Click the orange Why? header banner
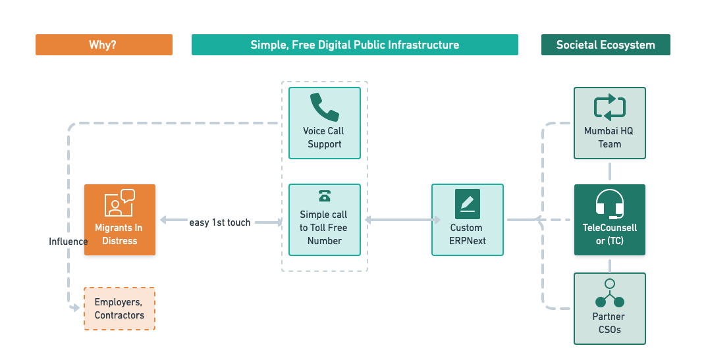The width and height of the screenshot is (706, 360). (104, 45)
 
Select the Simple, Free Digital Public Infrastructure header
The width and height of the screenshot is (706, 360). (354, 45)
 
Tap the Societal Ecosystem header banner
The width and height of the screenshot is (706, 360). (605, 45)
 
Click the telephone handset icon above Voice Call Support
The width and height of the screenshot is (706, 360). (325, 107)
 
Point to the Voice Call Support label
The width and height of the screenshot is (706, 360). (324, 138)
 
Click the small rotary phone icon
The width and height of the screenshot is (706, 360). (324, 196)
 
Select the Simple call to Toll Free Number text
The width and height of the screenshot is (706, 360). (324, 228)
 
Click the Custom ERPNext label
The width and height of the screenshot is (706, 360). (467, 234)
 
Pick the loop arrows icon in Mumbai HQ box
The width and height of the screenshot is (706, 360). (609, 107)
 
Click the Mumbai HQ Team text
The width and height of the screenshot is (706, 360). (609, 138)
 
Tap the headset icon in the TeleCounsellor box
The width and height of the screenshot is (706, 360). (609, 204)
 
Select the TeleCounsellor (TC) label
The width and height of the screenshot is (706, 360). (609, 234)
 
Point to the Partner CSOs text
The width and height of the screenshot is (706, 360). (609, 323)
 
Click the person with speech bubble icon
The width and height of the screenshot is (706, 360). (119, 203)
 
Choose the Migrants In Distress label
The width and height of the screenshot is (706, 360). (119, 234)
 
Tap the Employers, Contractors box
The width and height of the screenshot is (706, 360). (119, 309)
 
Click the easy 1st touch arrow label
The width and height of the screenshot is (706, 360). (220, 222)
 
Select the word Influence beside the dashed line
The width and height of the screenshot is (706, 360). (68, 242)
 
